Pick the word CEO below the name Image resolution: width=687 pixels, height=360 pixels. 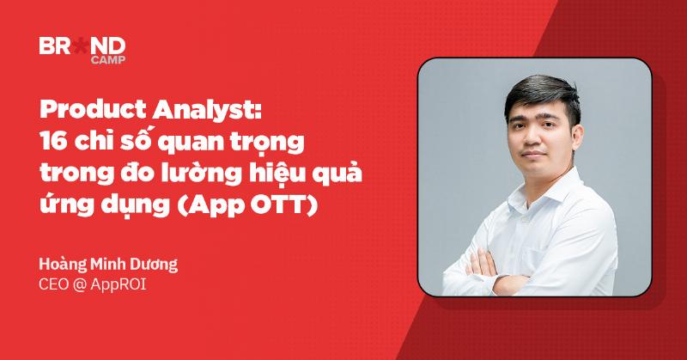55,284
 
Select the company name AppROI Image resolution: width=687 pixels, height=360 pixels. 122,284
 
